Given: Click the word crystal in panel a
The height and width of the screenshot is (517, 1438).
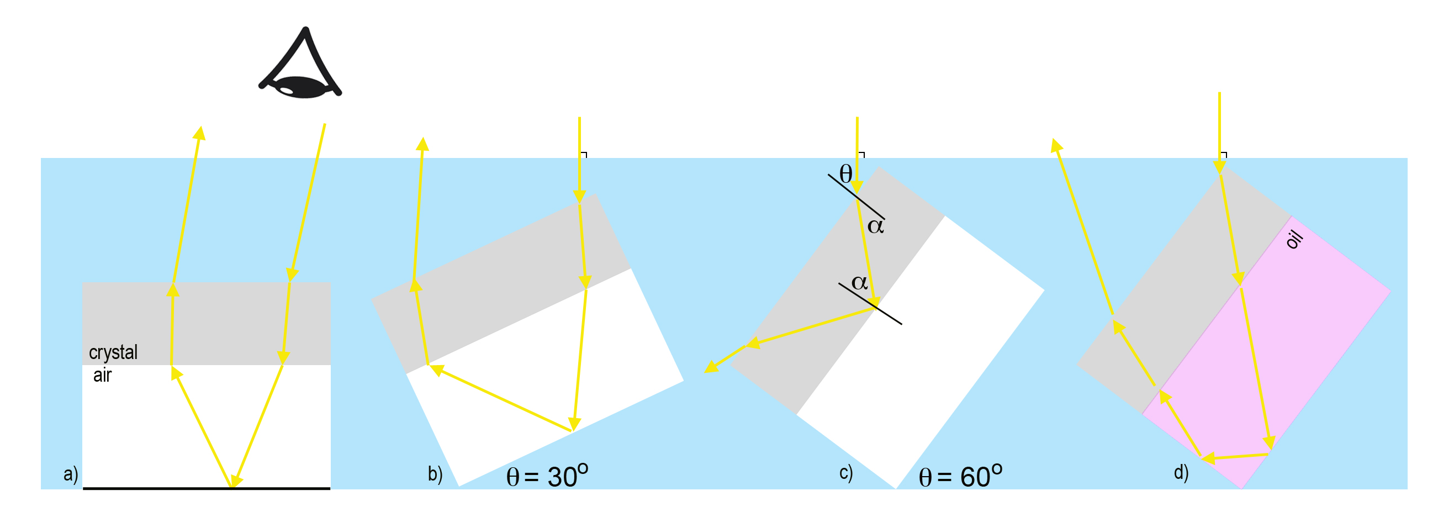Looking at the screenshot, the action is click(113, 352).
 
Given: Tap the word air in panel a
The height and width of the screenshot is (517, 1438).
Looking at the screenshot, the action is click(102, 375).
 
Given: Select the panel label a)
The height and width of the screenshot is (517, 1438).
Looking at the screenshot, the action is click(70, 474).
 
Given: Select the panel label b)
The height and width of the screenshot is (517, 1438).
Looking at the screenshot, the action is click(435, 474).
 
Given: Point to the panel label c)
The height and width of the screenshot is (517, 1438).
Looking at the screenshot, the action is click(845, 473).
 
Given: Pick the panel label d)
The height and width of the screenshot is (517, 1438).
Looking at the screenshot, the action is click(1181, 473).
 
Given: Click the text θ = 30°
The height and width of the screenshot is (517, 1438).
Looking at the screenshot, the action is click(547, 476).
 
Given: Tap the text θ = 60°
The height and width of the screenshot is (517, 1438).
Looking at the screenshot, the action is click(960, 476).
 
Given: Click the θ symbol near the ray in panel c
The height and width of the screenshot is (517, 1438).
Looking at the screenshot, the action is click(845, 174).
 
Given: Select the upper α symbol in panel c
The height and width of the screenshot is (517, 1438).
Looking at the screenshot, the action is click(875, 226).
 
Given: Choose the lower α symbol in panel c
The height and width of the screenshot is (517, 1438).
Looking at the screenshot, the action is click(860, 282).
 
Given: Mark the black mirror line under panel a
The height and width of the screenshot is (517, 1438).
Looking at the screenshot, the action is click(207, 488).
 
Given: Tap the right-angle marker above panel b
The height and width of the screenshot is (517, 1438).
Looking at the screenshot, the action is click(584, 155).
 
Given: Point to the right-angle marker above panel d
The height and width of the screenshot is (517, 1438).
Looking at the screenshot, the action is click(1224, 155).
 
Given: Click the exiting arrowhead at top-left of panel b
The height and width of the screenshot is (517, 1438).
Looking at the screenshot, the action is click(422, 144).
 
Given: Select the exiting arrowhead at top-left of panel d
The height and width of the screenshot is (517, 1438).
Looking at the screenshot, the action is click(1056, 145).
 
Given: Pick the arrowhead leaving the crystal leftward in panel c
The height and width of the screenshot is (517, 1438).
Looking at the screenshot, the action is click(711, 366).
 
